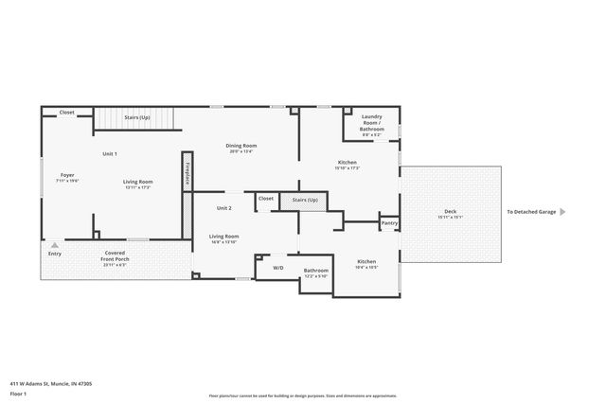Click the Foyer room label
click(x=67, y=175)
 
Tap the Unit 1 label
click(x=110, y=153)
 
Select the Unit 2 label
click(x=223, y=208)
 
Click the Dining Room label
click(x=241, y=146)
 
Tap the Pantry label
click(x=389, y=224)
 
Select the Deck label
click(x=451, y=211)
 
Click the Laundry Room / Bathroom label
click(x=372, y=124)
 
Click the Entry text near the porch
click(x=55, y=255)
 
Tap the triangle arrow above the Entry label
click(x=55, y=244)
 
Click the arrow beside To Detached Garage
click(x=562, y=212)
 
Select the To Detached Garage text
click(x=531, y=212)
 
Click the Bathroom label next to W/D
click(x=315, y=271)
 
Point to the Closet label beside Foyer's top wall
click(x=67, y=113)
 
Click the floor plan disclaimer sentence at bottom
click(x=302, y=395)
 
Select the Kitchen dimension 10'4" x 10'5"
click(x=366, y=267)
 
